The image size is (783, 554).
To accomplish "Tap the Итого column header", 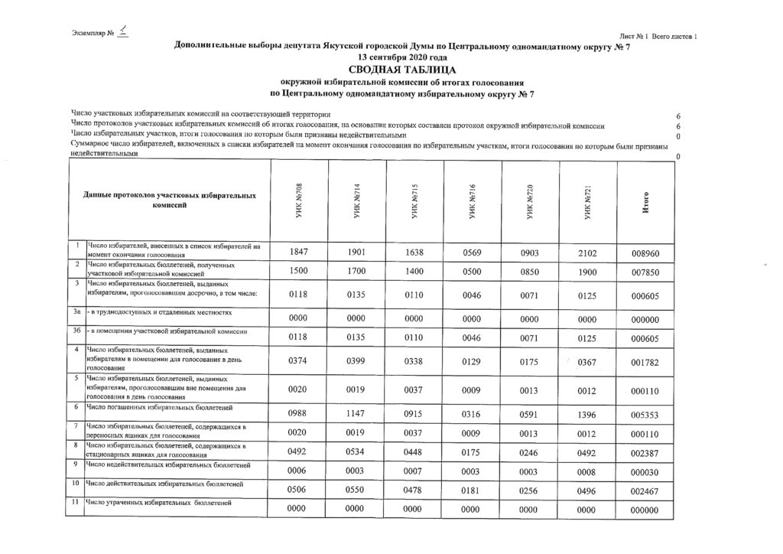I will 647,202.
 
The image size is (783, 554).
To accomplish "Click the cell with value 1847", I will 300,252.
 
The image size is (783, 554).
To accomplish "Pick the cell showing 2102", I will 587,252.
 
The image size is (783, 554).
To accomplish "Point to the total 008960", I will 645,253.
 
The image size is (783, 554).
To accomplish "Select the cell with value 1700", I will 357,272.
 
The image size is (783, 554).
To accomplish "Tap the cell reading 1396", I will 587,414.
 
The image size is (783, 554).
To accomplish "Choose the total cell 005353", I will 645,415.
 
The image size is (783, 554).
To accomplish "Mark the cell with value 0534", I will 357,452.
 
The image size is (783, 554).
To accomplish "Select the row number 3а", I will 76,314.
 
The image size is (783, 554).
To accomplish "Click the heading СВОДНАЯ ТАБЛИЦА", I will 391,70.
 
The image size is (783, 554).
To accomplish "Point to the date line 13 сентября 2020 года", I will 391,58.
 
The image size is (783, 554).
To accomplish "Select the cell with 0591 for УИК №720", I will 530,414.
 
